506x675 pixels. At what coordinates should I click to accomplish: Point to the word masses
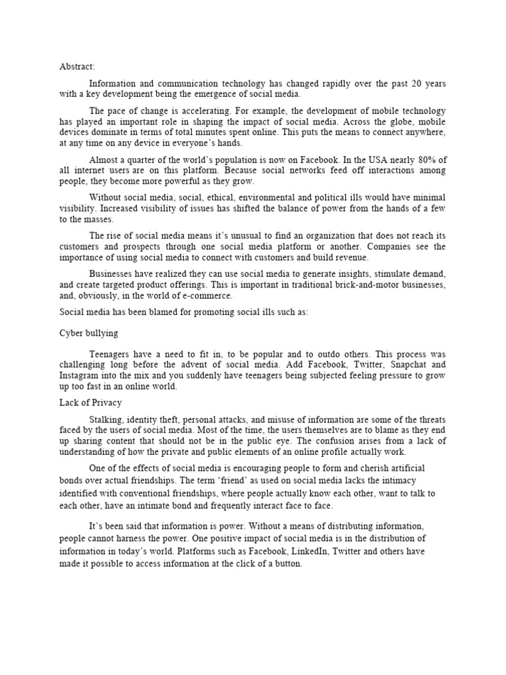(96, 220)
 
